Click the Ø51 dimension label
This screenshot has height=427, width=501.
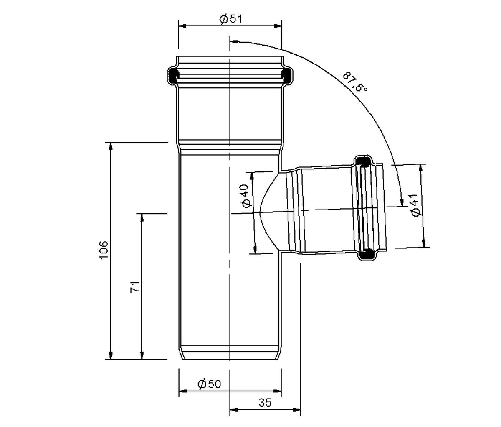pyautogui.click(x=230, y=19)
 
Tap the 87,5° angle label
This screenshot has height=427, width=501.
pyautogui.click(x=355, y=82)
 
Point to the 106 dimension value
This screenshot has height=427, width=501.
pyautogui.click(x=104, y=250)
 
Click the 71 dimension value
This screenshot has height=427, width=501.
pyautogui.click(x=135, y=287)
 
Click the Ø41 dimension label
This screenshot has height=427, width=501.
pyautogui.click(x=415, y=205)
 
